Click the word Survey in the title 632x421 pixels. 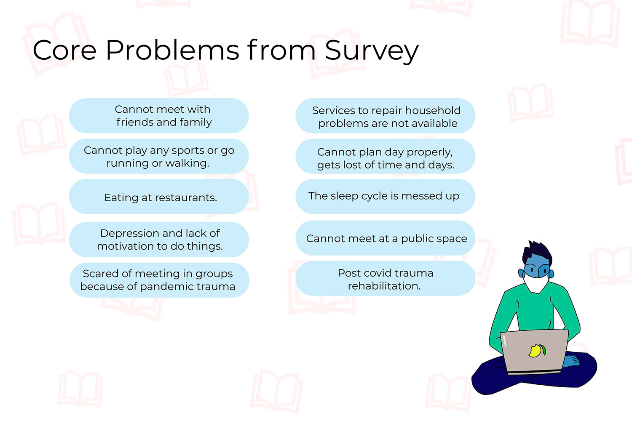coord(372,51)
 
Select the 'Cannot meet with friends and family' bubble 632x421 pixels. coord(159,116)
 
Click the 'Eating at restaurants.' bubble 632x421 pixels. coord(159,197)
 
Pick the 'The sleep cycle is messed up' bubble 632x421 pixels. coord(385,197)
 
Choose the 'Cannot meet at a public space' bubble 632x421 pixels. coord(385,238)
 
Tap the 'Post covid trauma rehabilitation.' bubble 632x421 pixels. coord(385,278)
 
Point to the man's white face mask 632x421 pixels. coord(536,283)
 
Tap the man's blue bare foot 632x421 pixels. coord(570,362)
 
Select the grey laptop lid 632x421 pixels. coord(535,351)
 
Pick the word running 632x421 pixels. coord(127,163)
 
